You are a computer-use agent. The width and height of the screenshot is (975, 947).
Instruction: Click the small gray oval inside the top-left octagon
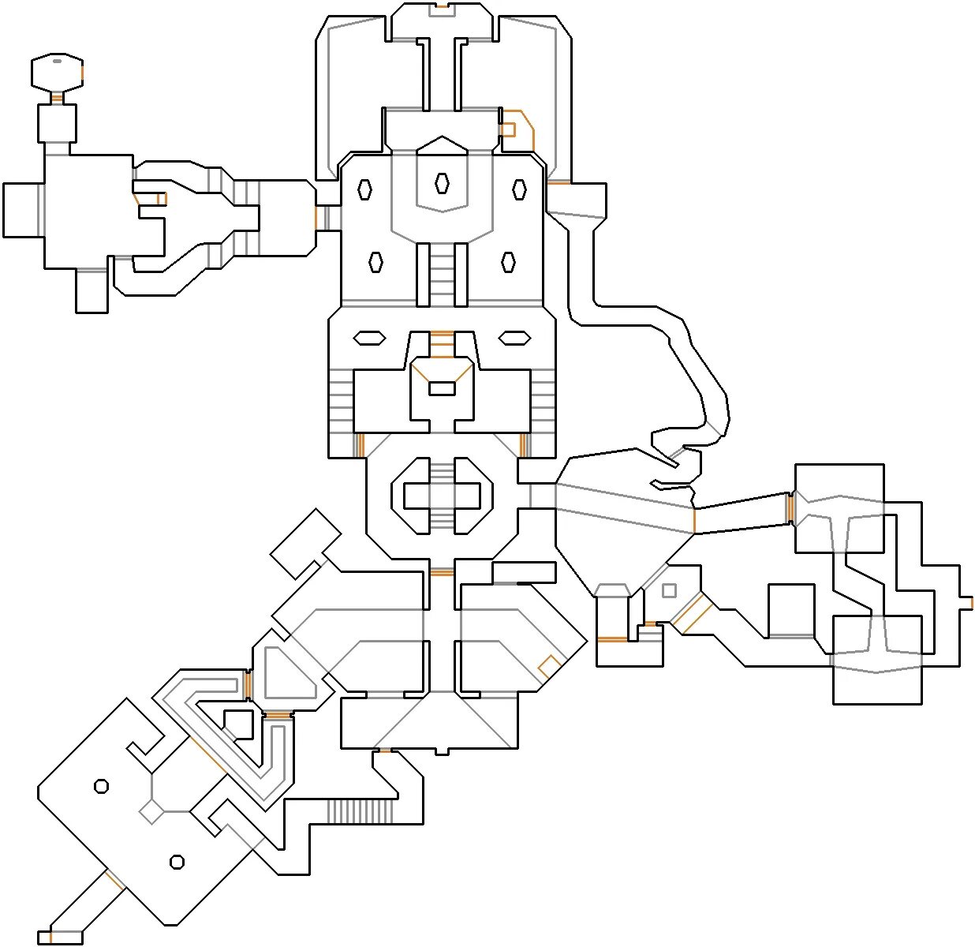(x=57, y=60)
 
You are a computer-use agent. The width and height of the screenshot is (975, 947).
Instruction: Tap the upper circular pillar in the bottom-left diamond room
(x=101, y=786)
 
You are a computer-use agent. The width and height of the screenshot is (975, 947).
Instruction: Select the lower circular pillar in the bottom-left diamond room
(x=177, y=862)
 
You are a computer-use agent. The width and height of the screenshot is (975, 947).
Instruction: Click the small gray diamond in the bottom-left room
(x=151, y=811)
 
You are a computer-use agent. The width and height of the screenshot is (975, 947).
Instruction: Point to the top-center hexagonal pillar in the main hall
(x=442, y=183)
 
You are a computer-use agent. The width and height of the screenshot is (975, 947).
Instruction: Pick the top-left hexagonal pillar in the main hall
(x=364, y=189)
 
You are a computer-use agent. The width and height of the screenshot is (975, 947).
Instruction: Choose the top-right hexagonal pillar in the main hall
(x=519, y=189)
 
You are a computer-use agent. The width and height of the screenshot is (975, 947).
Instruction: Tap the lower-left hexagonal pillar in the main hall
(x=376, y=262)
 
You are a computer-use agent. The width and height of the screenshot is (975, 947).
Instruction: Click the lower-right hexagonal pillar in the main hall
(x=508, y=262)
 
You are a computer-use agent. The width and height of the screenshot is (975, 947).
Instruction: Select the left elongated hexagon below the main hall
(x=369, y=338)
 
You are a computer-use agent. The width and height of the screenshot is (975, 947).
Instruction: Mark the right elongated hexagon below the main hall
(x=514, y=338)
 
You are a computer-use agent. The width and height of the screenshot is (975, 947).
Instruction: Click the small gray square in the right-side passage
(x=669, y=590)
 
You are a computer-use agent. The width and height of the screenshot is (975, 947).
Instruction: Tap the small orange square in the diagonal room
(x=549, y=666)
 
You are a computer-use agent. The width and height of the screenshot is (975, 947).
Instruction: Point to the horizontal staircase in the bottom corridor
(x=360, y=811)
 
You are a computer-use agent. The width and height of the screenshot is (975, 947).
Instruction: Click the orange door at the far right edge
(x=971, y=603)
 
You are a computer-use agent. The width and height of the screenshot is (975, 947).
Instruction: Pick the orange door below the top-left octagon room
(x=57, y=99)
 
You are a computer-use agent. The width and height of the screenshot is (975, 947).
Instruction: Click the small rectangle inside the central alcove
(x=442, y=388)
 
